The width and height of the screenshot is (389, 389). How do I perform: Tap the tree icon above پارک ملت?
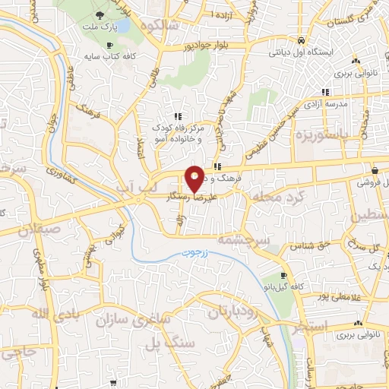pos(100,15)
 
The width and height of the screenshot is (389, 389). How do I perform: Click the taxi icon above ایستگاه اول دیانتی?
pos(302,40)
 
